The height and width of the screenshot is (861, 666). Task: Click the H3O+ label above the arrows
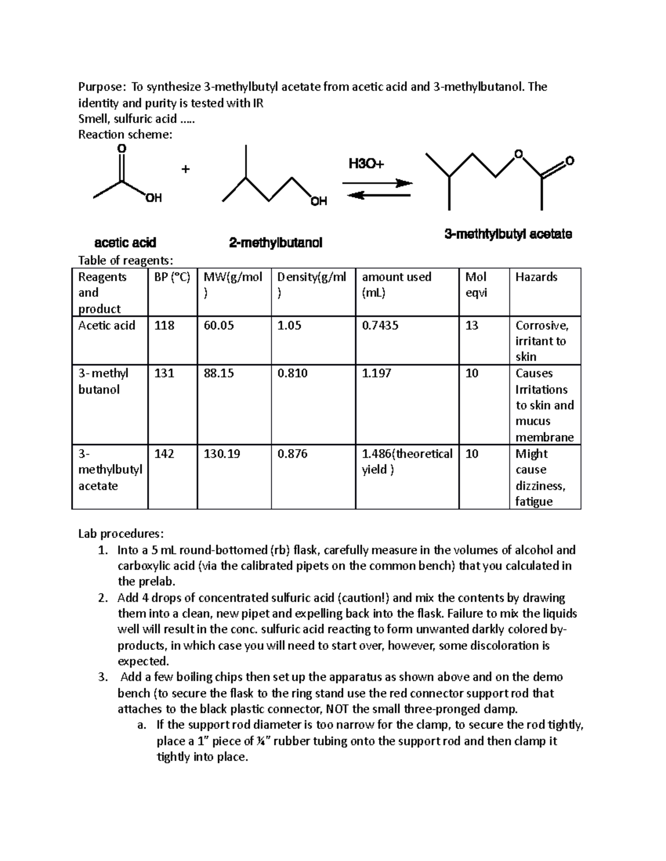tap(366, 164)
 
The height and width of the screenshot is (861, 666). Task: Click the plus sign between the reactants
tap(185, 169)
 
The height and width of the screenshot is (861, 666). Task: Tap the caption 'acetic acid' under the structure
tap(125, 242)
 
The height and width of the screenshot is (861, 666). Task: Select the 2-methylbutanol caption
tap(276, 243)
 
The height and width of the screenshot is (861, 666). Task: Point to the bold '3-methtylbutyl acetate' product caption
tap(508, 234)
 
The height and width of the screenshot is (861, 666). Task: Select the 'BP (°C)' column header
tap(172, 277)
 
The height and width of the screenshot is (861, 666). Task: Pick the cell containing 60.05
tap(219, 325)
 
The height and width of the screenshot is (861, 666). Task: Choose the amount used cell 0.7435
tap(380, 325)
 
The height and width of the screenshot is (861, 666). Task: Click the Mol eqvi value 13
tap(472, 325)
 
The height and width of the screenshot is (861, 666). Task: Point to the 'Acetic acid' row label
tap(107, 325)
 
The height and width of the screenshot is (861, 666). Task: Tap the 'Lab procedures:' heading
tap(121, 533)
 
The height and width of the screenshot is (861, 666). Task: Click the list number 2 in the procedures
tap(102, 598)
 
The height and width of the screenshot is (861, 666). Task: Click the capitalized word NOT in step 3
tap(337, 709)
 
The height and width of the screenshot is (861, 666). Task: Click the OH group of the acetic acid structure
tap(154, 198)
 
